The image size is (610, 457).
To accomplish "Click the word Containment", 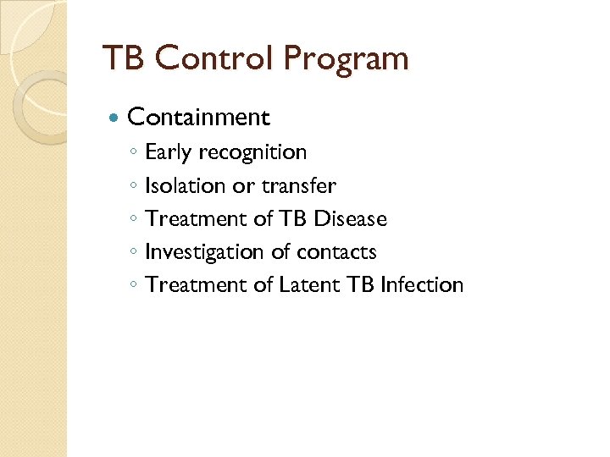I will [198, 117].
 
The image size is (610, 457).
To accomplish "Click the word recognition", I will [253, 152].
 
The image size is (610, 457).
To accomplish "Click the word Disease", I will [350, 218].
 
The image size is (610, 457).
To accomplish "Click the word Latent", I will [309, 285].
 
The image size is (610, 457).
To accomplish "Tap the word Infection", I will [422, 285].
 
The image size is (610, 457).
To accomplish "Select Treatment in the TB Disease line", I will [196, 218].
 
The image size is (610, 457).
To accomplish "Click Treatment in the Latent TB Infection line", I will [196, 285].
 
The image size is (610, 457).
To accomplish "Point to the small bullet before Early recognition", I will [134, 153].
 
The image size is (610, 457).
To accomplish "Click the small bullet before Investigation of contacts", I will [134, 253].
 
